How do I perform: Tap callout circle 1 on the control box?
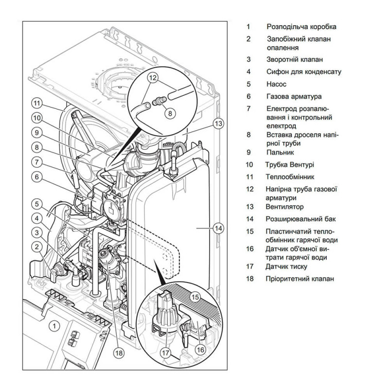pos(54,325)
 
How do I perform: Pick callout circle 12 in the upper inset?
pos(152,77)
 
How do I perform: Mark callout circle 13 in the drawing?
pos(218,123)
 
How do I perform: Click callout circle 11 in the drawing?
pos(37,103)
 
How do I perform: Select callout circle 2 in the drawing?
pos(37,247)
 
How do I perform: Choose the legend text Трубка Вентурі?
pos(290,165)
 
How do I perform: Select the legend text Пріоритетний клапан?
pos(300,279)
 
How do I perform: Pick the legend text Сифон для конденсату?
pos(304,71)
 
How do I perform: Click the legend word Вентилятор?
pos(284,207)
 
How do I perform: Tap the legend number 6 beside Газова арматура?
pos(248,97)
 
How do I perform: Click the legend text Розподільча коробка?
pos(301,27)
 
